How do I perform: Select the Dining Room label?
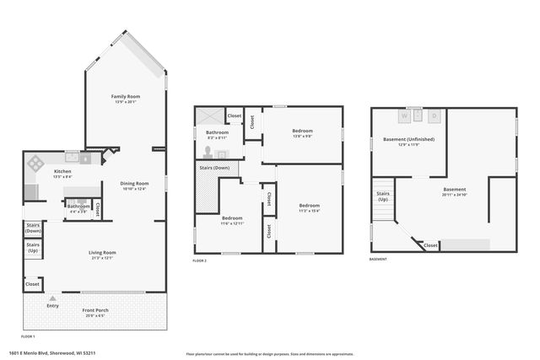click(135, 185)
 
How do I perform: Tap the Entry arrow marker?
click(53, 298)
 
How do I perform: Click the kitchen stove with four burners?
click(37, 163)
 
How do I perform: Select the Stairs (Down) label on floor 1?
click(34, 228)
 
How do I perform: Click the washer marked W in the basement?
click(415, 116)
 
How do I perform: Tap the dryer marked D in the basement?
click(435, 116)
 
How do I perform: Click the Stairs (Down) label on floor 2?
click(214, 168)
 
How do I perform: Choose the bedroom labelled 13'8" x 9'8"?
click(303, 133)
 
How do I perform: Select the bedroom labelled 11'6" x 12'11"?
click(232, 220)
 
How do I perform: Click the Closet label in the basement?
click(430, 245)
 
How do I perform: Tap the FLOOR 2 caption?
click(199, 261)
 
